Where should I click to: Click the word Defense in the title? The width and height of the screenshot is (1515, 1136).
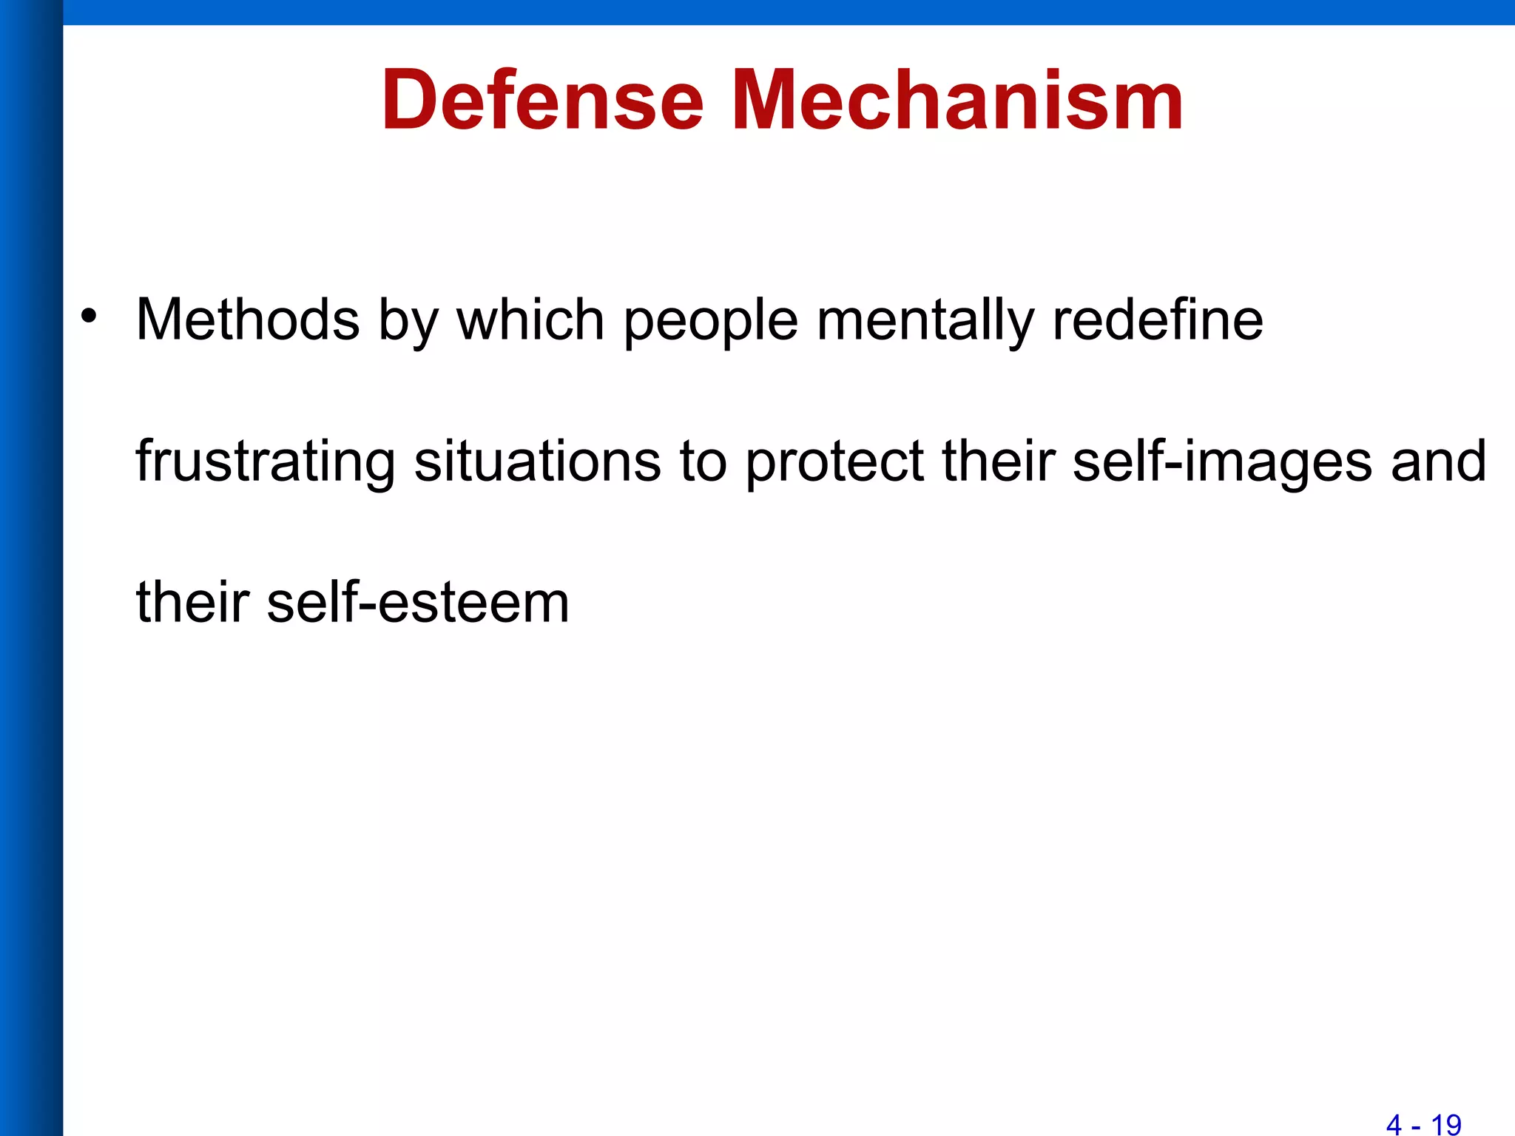pos(542,100)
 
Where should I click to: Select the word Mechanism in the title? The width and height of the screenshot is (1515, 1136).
pos(958,100)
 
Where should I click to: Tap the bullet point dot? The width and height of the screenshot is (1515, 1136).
pos(90,316)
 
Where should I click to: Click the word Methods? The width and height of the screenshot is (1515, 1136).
pos(248,319)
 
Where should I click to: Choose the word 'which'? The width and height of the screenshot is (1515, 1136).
pos(530,319)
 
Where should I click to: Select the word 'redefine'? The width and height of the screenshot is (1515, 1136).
pos(1158,319)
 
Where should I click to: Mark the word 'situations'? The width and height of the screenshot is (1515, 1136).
pos(537,461)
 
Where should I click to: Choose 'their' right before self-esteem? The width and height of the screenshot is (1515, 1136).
pos(193,602)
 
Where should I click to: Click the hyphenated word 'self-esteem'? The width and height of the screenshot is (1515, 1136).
pos(418,602)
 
